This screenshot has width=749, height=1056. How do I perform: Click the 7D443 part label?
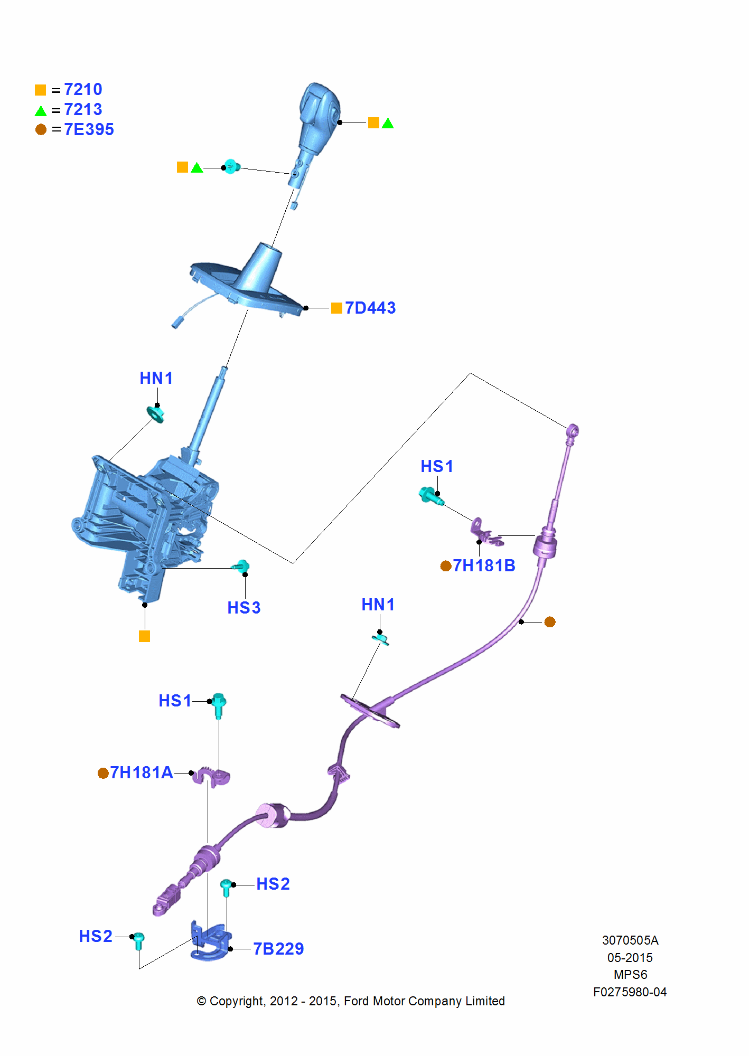(x=370, y=308)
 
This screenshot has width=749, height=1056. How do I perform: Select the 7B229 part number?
(x=278, y=949)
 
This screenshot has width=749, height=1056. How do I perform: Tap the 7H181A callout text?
(x=141, y=772)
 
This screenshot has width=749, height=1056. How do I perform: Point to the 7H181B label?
(x=484, y=565)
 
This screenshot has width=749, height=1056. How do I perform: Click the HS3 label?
(x=244, y=608)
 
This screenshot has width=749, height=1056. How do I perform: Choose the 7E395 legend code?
(x=89, y=129)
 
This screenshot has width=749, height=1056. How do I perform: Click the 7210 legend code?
(x=83, y=89)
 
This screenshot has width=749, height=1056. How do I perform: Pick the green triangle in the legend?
(x=41, y=111)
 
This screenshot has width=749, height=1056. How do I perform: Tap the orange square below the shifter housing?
(x=144, y=636)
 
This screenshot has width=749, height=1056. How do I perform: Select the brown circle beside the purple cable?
(x=550, y=622)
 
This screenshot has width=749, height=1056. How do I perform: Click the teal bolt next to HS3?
(x=241, y=567)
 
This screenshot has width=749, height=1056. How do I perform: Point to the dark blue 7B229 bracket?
(x=210, y=942)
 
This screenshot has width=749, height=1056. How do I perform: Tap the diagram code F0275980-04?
(x=630, y=992)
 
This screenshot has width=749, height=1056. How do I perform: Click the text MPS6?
(x=630, y=975)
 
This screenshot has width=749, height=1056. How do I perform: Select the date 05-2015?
(x=630, y=958)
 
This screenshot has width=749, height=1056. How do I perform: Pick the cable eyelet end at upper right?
(x=572, y=431)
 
